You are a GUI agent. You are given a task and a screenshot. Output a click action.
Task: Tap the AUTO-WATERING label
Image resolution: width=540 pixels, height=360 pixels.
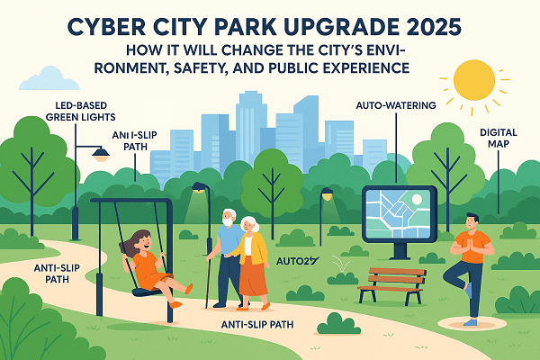(x=397, y=106)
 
